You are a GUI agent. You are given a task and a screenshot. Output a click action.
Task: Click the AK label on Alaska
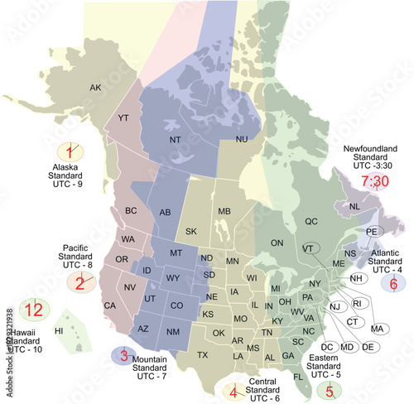pos(95,88)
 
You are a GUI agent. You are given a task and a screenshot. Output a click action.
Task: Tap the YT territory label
pos(123,119)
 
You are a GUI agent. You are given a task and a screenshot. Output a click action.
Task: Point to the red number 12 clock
pos(33,310)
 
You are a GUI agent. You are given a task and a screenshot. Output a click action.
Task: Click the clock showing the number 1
pos(73,151)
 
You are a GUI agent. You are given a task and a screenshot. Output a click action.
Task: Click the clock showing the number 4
pos(235,390)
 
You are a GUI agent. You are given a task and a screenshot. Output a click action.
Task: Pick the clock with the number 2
pos(81,283)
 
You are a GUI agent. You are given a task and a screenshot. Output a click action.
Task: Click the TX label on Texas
pos(202,355)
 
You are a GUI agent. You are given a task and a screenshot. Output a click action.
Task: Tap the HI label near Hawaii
pos(59,331)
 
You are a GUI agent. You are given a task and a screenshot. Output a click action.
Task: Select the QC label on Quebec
pos(311,222)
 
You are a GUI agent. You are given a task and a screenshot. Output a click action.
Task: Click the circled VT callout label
pos(308,248)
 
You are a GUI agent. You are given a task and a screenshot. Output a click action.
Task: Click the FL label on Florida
pos(298,376)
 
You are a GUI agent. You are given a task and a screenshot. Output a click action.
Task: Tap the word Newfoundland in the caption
pos(371,150)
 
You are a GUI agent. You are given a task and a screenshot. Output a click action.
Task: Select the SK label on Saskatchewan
pos(191,231)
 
